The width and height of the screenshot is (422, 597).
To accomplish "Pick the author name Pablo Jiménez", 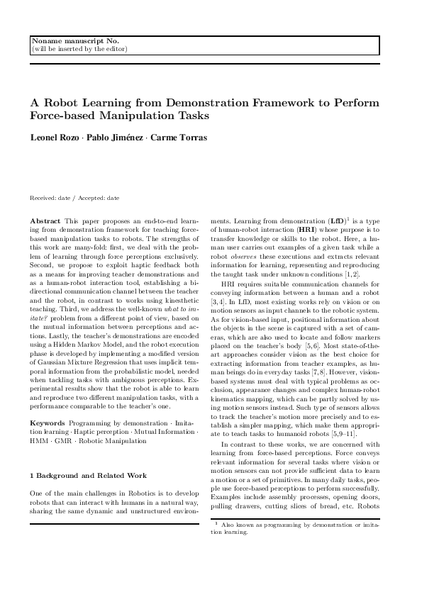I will [116, 138].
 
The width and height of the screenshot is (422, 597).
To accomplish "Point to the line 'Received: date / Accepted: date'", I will [74, 198].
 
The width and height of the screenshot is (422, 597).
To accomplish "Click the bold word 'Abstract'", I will [46, 223].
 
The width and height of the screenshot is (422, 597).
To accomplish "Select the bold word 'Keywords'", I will [48, 423].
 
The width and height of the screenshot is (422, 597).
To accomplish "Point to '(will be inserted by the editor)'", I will [79, 50].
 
